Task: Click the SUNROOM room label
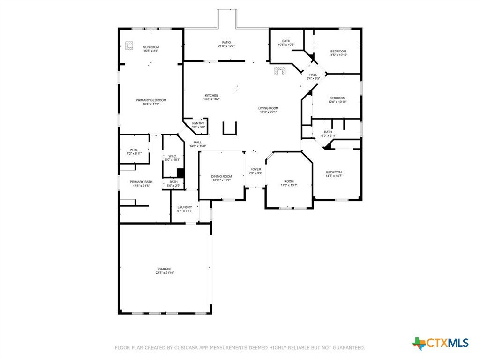151,47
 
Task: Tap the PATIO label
226,42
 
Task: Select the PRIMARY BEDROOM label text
151,100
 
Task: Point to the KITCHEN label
211,96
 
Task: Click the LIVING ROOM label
269,108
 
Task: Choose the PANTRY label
198,123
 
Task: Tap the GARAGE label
165,269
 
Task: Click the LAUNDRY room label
185,207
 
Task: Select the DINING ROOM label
221,176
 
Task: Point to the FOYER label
256,169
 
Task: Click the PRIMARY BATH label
141,182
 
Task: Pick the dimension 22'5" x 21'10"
165,273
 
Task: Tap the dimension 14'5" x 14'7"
334,176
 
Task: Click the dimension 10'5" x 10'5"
286,45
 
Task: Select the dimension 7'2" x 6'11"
134,153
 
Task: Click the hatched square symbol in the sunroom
129,45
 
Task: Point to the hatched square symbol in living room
280,71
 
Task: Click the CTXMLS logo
440,343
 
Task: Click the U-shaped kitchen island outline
230,134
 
